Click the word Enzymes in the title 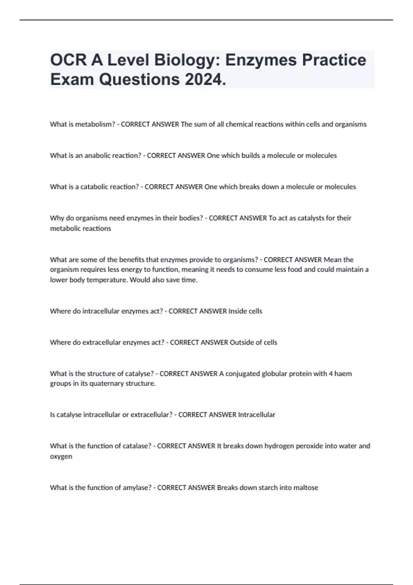[261, 60]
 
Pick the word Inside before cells [237, 311]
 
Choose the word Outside [241, 342]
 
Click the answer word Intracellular [256, 415]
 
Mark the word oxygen [61, 457]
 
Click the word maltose [306, 488]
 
